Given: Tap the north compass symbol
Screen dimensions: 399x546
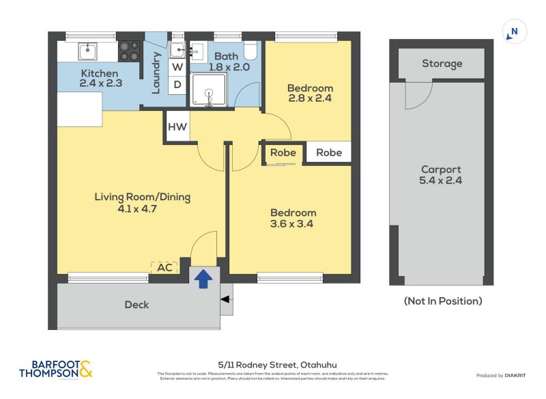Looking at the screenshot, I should coord(515,31).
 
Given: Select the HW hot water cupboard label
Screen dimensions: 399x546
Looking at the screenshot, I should coord(177,127).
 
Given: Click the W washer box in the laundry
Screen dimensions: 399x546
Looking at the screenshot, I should coord(177,67).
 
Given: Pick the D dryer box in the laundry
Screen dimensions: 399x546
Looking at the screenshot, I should coord(177,85).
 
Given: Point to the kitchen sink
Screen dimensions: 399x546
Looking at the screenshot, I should coord(88,51).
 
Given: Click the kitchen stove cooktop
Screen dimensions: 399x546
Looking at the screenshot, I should coord(130,51).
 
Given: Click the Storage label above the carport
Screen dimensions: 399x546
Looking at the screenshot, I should coord(442,64).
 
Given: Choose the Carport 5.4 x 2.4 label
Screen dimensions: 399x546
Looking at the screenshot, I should coord(441,176).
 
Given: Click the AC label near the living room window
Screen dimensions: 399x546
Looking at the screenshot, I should coord(164,268).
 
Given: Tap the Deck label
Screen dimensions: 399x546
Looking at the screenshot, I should coord(136,305).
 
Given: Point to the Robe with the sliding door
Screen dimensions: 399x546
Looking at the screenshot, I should coord(283,153).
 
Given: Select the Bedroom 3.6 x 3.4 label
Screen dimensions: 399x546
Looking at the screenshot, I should coord(293,218).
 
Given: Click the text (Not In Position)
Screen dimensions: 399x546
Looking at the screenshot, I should coord(442,301).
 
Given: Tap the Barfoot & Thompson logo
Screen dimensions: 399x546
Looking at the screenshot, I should coord(55,370).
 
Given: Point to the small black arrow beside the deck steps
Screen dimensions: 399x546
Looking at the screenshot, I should coord(225,299).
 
